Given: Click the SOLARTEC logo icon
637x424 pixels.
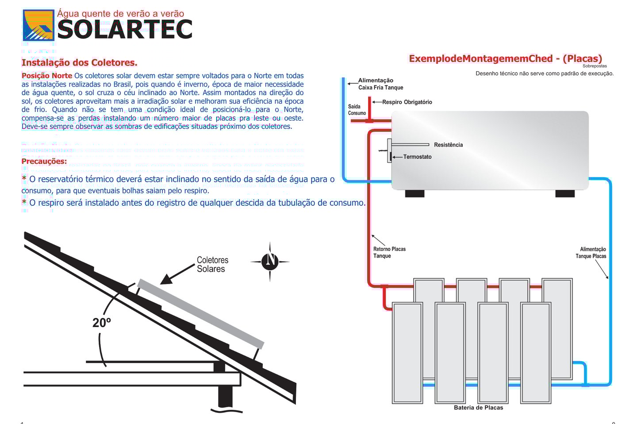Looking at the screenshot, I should click(x=38, y=26).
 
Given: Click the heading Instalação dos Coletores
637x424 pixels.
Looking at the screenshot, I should click(x=79, y=63).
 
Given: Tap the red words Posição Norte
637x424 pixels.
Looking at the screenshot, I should click(x=47, y=76).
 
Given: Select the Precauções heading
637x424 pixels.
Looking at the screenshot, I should click(x=44, y=161).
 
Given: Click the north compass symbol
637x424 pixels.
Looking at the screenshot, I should click(x=270, y=262).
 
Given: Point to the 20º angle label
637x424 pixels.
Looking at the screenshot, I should click(x=101, y=323).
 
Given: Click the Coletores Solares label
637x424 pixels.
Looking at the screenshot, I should click(x=212, y=264).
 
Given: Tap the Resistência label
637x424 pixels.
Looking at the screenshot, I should click(x=448, y=145).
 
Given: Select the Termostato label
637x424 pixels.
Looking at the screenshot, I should click(x=417, y=157).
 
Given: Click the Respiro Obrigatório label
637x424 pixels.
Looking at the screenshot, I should click(x=407, y=102).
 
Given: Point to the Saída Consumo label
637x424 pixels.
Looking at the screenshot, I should click(x=357, y=110).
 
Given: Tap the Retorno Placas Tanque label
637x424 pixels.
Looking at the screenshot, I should click(x=389, y=252).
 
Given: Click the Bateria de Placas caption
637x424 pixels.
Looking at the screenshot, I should click(x=478, y=408).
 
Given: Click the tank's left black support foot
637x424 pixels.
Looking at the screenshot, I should click(x=414, y=193).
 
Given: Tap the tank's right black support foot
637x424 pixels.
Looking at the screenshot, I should click(x=565, y=193).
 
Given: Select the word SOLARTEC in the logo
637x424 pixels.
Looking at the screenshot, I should click(x=125, y=30).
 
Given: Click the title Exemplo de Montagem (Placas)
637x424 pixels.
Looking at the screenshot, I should click(x=505, y=59).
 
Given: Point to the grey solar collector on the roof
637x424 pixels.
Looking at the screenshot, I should click(x=200, y=314).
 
